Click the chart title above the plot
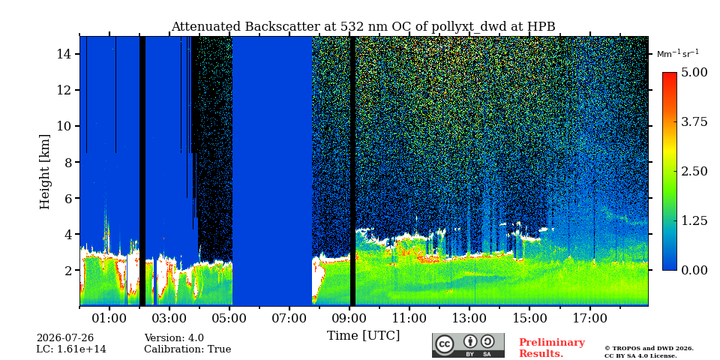363,27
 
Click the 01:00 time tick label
109,318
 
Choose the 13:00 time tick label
469,318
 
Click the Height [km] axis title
44,172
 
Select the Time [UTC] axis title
363,336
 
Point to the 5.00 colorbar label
694,73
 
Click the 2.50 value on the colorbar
694,171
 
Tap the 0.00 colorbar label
694,270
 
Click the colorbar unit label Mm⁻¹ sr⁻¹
678,54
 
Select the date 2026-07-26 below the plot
65,338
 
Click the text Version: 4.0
174,338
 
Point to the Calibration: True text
187,349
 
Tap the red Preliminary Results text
552,348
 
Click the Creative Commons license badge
468,345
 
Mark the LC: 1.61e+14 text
71,349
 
